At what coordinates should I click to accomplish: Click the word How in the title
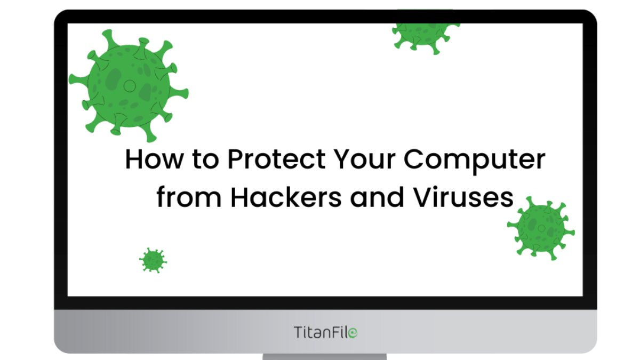click(155, 159)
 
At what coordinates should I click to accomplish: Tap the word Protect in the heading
click(277, 159)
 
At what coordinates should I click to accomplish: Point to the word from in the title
click(189, 197)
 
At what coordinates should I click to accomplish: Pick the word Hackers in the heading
click(286, 197)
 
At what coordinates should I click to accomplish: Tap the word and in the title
click(377, 197)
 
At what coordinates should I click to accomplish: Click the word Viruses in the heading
click(463, 197)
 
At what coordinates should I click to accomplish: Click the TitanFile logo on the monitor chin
click(325, 332)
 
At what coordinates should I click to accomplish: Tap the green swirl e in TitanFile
click(353, 333)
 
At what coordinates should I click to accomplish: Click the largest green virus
click(129, 86)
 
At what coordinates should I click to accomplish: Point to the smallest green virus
click(153, 260)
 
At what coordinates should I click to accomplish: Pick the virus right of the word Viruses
click(541, 229)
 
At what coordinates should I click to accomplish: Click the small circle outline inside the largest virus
click(130, 86)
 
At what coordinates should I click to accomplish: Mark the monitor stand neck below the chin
click(325, 357)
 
